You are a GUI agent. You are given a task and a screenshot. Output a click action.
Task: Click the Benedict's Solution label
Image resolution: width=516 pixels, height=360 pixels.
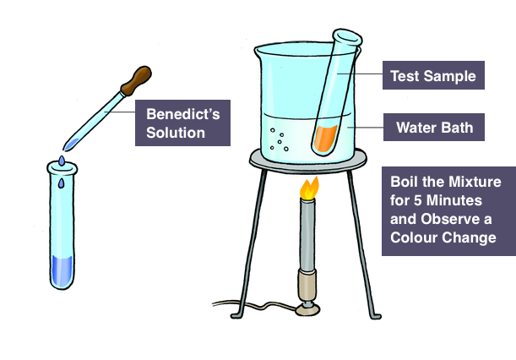pyautogui.click(x=182, y=123)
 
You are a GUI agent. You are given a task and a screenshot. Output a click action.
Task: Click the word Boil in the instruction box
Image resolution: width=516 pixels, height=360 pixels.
pyautogui.click(x=406, y=182)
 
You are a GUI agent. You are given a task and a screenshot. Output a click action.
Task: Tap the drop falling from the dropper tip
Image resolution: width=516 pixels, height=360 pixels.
pyautogui.click(x=62, y=160)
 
